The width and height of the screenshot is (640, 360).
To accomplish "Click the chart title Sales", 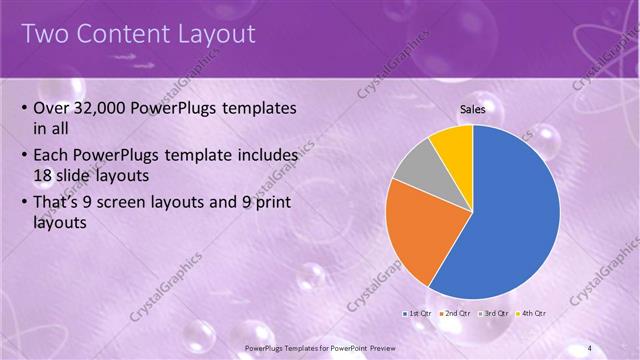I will [473, 110].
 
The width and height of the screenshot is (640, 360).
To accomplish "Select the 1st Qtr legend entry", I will [418, 314].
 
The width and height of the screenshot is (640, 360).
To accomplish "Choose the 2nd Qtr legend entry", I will [455, 314].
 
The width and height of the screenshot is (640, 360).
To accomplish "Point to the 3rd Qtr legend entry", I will [493, 314].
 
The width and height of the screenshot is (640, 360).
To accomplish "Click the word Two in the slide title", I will [46, 34].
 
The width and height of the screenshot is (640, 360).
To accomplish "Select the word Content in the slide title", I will [125, 34].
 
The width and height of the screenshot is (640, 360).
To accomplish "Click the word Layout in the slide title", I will [216, 34].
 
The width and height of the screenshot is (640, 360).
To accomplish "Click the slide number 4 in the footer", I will [590, 347].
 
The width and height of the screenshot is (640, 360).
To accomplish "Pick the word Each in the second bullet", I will [52, 157].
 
